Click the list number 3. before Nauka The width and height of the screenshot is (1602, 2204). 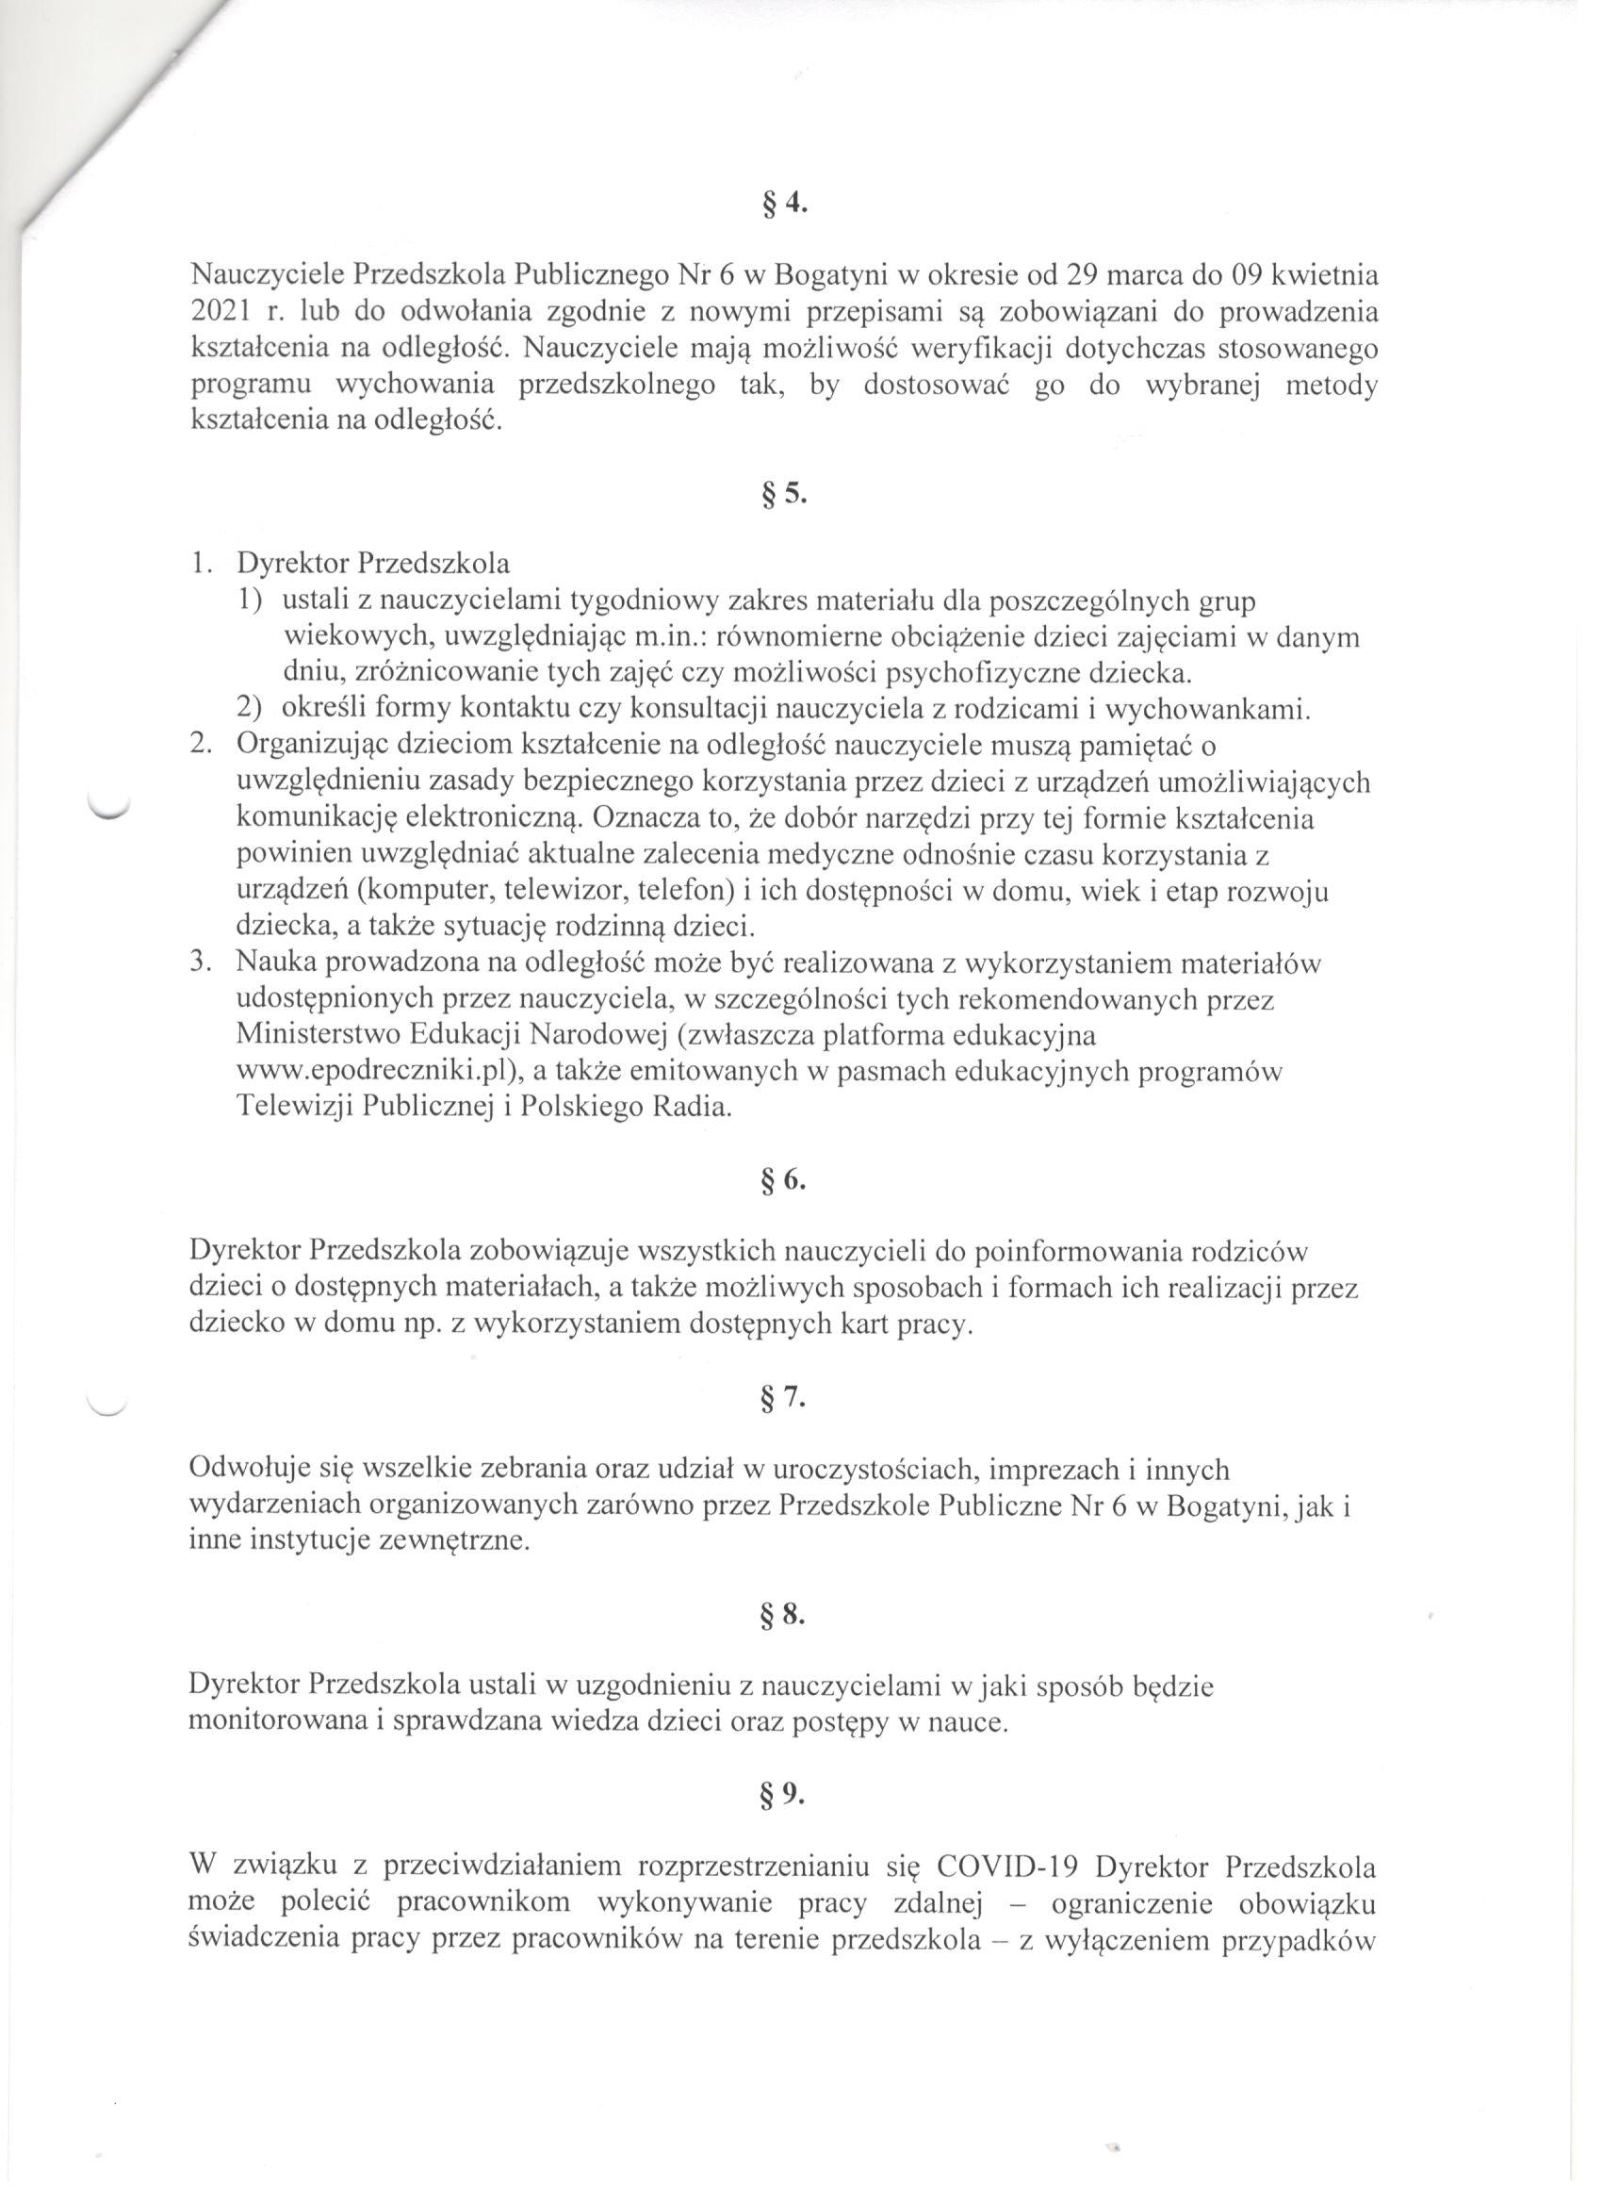click(200, 963)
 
